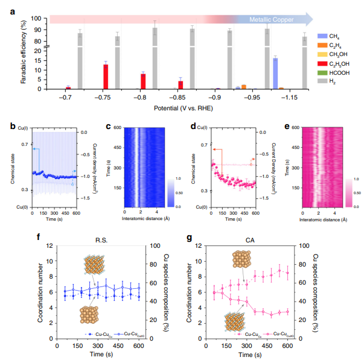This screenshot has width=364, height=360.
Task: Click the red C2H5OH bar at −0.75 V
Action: tap(106, 77)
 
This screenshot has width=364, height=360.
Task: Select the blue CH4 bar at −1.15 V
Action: tap(275, 73)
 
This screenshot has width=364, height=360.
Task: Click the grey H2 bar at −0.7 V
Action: tap(80, 60)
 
